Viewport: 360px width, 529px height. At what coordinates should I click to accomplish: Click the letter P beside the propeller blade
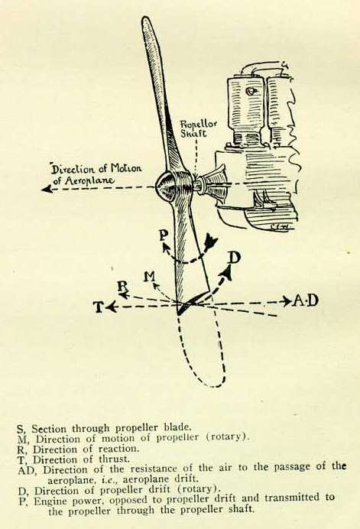164,235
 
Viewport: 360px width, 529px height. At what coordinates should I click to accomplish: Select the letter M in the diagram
149,277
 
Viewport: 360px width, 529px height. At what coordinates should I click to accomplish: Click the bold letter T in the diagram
98,307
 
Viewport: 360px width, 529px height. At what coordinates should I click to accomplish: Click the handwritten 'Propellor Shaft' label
199,128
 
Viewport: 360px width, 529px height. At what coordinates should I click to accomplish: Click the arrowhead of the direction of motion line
46,190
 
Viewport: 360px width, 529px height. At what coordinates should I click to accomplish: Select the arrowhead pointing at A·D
287,301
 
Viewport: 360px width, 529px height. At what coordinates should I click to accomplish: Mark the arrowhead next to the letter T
111,307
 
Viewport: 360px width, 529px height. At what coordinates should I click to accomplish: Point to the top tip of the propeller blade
146,18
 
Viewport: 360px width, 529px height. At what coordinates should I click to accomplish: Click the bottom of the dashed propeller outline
212,385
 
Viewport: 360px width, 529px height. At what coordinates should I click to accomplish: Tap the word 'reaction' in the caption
118,449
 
